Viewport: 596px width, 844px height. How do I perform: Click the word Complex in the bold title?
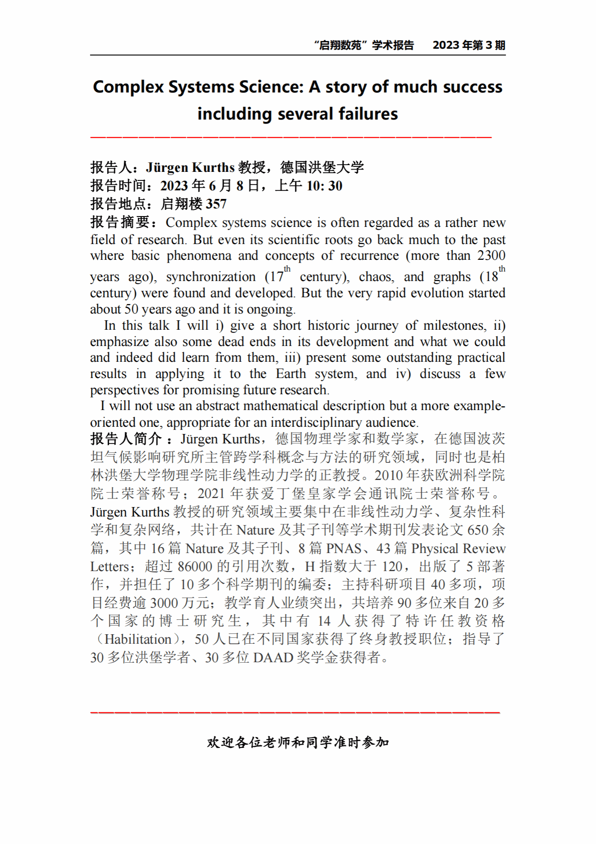[128, 87]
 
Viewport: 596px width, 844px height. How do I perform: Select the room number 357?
[216, 204]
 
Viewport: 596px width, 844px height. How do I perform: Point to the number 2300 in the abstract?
[491, 256]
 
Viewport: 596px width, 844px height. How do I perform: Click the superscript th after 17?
[287, 269]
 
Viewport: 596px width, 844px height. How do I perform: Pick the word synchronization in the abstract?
[211, 277]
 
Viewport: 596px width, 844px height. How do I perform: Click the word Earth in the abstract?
[291, 374]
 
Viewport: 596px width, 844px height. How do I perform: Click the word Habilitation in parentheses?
[138, 639]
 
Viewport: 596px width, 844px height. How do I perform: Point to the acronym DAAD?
[273, 658]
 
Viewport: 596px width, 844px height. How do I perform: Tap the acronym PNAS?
[344, 549]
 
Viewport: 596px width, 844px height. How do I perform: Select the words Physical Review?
[458, 549]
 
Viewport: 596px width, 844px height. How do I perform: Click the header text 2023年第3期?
[468, 46]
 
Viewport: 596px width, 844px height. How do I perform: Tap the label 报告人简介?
[126, 439]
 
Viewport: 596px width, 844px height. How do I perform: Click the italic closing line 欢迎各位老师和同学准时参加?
[298, 743]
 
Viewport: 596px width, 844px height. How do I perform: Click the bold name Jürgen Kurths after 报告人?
[190, 168]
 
